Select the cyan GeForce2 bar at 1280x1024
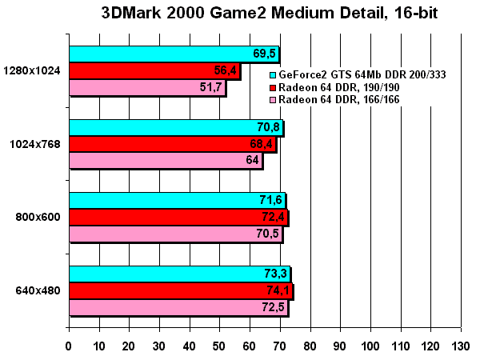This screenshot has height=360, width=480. (174, 54)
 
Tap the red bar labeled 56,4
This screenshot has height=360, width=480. (154, 70)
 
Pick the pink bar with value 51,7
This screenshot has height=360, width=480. (147, 86)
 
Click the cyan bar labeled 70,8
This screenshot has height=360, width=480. (176, 128)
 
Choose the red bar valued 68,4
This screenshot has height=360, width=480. (172, 144)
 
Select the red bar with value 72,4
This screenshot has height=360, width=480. (178, 217)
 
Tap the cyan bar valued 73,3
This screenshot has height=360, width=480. (179, 275)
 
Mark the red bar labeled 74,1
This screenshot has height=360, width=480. (181, 291)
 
